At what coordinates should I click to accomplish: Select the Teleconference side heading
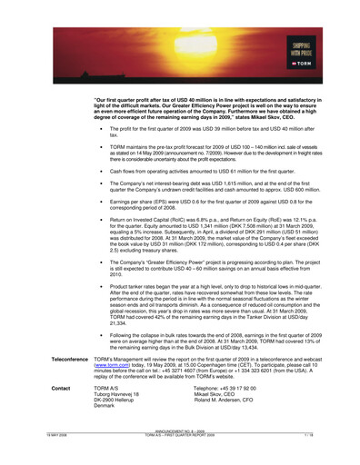click(56, 359)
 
